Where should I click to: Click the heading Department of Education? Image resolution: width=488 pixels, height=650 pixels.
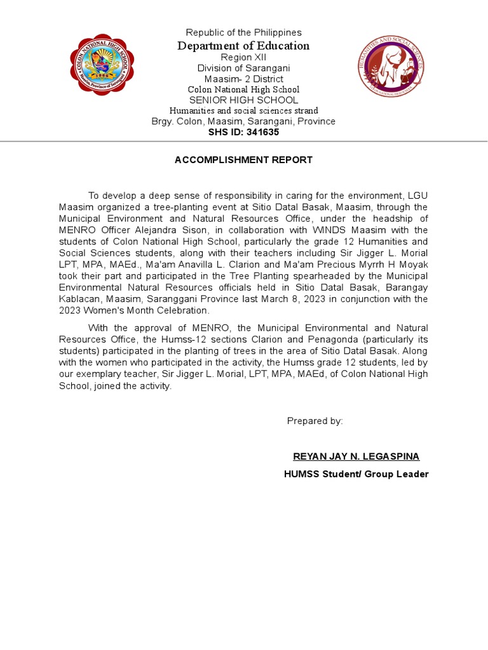click(243, 46)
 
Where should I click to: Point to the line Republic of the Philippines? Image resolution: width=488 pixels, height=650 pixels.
click(243, 32)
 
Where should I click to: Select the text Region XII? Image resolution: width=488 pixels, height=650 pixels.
click(243, 57)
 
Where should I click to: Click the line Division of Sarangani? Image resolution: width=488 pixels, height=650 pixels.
click(243, 68)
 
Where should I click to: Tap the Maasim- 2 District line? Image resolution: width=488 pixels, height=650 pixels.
click(243, 79)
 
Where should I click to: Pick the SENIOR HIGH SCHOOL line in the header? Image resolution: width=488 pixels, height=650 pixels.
click(243, 100)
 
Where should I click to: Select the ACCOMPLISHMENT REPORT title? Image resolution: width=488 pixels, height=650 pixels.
click(243, 160)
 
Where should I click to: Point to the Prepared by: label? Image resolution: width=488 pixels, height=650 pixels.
click(315, 421)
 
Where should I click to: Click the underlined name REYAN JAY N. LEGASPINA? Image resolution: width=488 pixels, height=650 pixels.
click(356, 456)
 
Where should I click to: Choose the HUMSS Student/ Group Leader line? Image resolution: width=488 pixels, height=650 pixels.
click(356, 474)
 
